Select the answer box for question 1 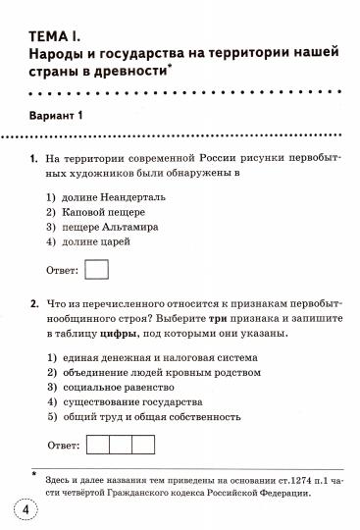[98, 269]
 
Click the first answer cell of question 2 [98, 444]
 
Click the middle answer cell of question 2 [121, 444]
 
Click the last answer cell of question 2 [143, 444]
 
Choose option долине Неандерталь [110, 196]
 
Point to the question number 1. [34, 157]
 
